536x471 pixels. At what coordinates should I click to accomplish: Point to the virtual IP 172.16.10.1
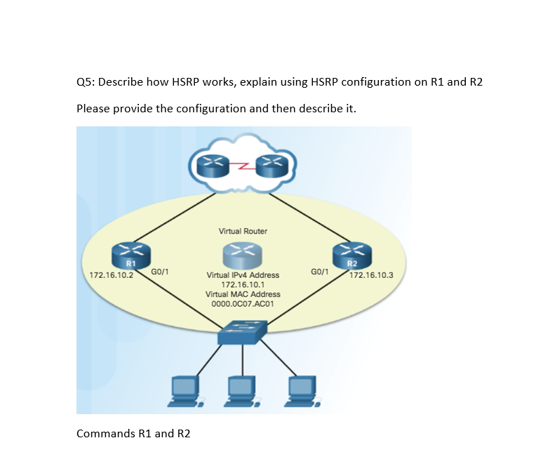click(242, 285)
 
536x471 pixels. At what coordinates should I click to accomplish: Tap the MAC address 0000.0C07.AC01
click(242, 304)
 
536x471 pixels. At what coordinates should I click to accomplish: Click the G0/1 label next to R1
click(159, 270)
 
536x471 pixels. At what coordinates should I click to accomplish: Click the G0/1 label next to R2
click(320, 270)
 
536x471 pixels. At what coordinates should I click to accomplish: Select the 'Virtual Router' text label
click(243, 231)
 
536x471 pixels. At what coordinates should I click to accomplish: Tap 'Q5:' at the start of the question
click(86, 82)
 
